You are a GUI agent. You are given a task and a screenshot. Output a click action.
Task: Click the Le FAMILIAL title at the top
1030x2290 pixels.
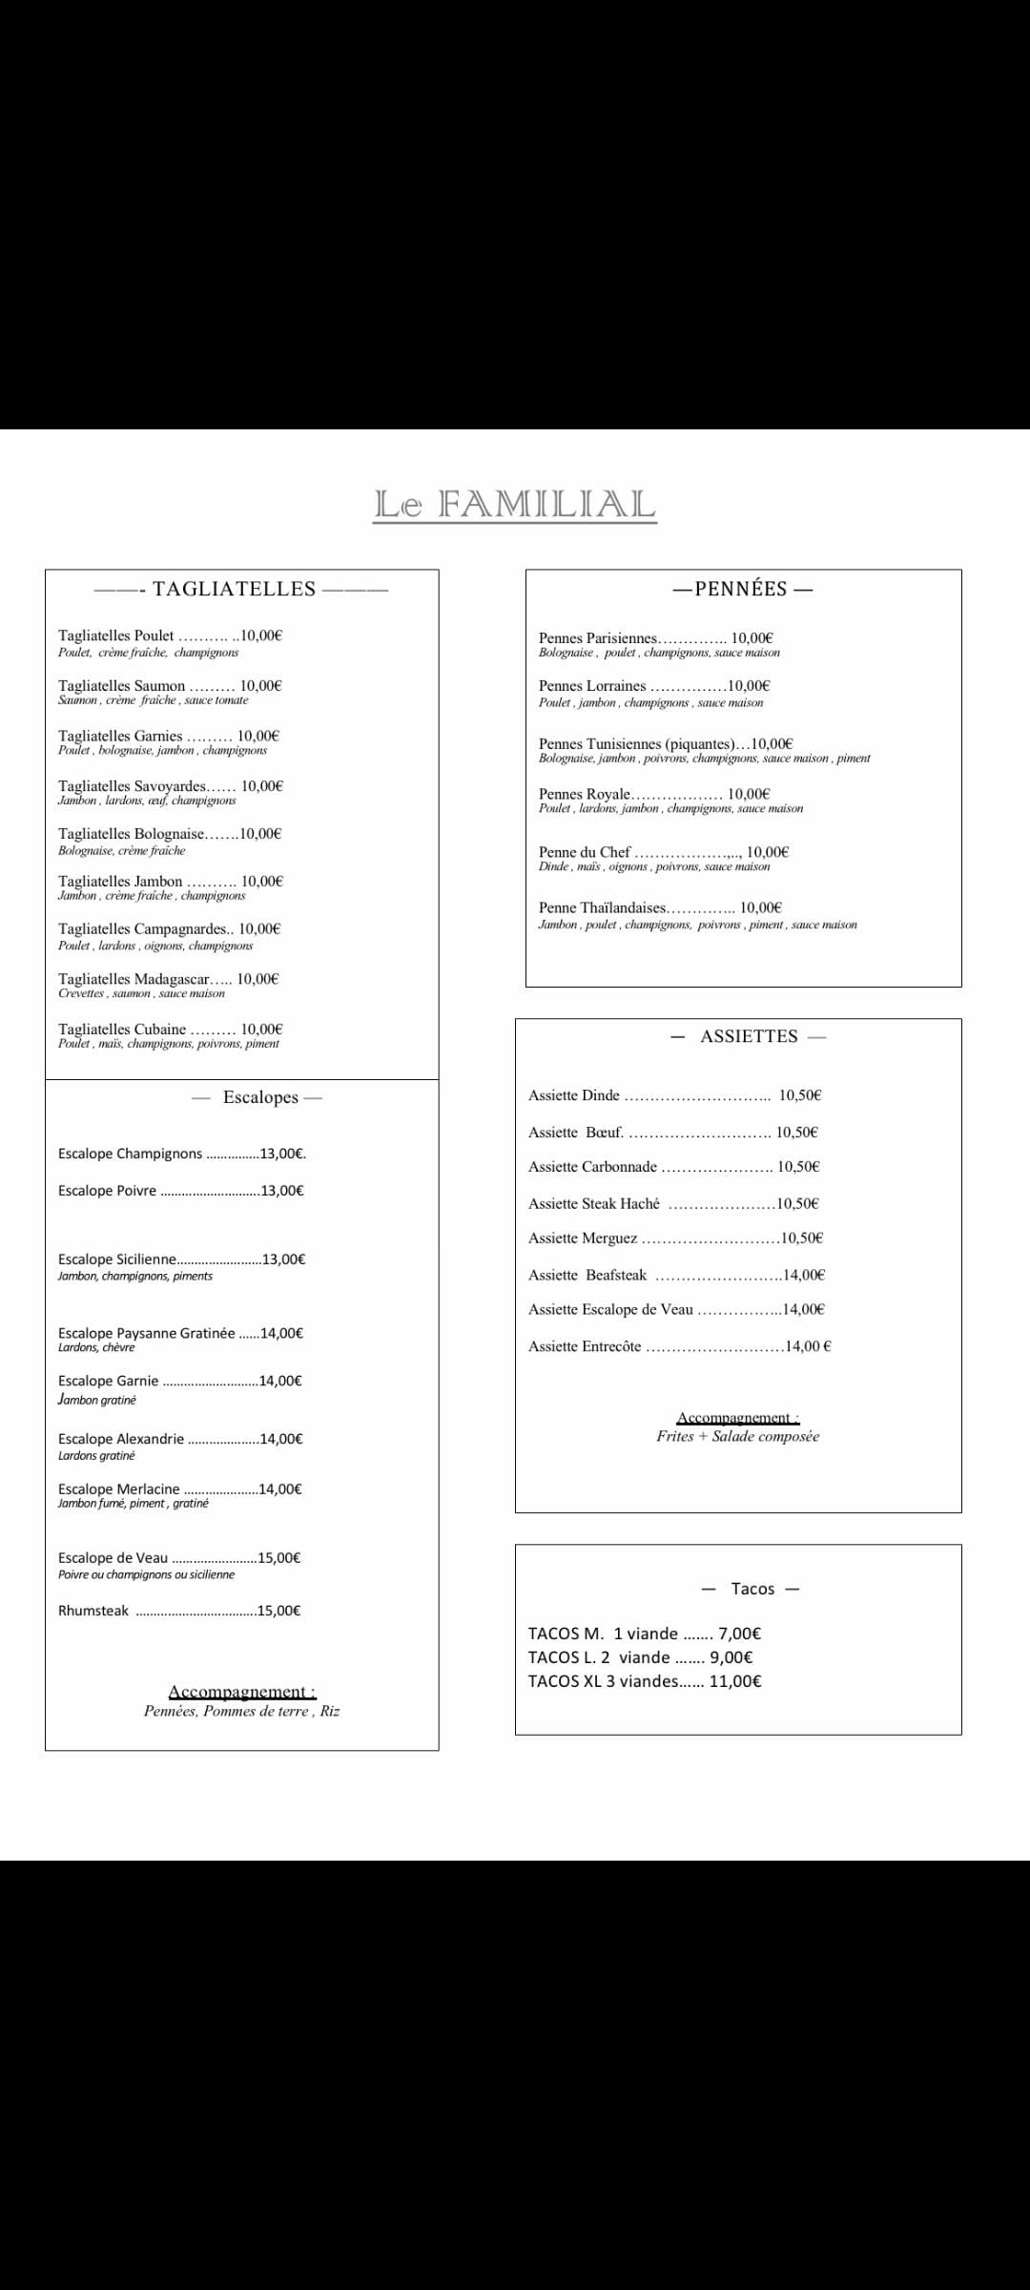(x=514, y=504)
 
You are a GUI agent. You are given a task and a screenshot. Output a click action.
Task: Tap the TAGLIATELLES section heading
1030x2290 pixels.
(x=234, y=589)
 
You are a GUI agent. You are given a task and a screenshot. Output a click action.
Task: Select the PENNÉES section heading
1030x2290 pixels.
(x=741, y=589)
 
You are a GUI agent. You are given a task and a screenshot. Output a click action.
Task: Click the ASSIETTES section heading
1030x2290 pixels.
(x=749, y=1036)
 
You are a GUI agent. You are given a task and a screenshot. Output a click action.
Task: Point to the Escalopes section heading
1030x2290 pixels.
(x=260, y=1097)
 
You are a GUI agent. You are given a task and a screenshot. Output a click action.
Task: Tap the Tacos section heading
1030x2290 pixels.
(x=752, y=1589)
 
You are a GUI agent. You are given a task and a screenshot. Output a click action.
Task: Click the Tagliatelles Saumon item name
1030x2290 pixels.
(x=122, y=686)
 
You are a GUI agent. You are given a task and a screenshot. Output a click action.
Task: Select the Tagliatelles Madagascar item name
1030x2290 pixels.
(x=134, y=979)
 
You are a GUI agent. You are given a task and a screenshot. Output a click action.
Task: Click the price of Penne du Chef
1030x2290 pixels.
(x=767, y=852)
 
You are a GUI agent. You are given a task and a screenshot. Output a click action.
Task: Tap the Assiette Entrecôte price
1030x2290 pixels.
(x=808, y=1346)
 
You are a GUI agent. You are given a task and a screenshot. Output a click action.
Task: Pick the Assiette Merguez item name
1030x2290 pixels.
(x=583, y=1239)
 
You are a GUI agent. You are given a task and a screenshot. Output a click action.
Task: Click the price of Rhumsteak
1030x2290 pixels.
(x=278, y=1611)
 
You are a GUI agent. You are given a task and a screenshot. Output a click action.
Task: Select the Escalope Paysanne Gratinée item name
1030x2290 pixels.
(x=146, y=1333)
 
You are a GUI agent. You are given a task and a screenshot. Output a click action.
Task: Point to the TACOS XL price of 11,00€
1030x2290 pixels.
(x=734, y=1681)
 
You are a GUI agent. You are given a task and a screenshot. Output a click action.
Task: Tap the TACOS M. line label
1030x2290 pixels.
(x=566, y=1634)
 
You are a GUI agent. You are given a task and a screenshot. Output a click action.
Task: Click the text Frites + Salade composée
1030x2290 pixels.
(x=737, y=1436)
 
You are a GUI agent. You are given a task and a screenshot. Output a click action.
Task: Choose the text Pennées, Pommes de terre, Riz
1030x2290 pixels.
(x=241, y=1711)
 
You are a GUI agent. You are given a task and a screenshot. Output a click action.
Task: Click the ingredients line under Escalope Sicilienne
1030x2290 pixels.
(x=135, y=1276)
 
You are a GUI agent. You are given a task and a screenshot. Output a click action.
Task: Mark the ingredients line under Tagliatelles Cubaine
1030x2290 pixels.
(x=169, y=1044)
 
